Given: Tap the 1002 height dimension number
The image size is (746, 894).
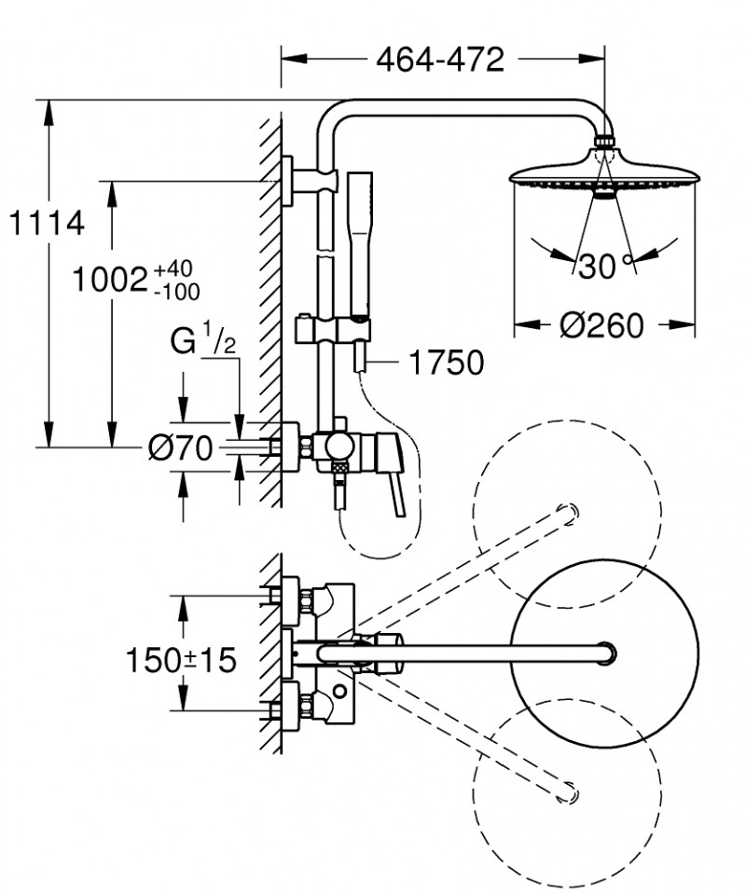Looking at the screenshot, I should pyautogui.click(x=109, y=281).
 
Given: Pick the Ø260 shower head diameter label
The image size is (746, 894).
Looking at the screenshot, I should pyautogui.click(x=601, y=325).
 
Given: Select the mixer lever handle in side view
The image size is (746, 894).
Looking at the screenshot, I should pyautogui.click(x=397, y=475).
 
